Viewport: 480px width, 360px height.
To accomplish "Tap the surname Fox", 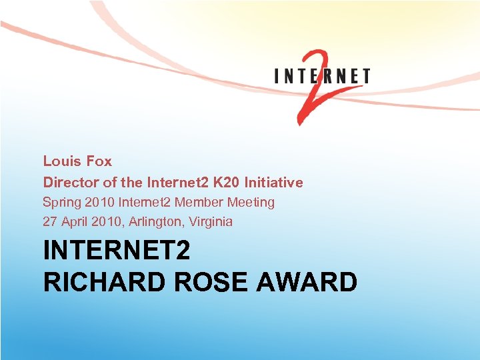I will [x=98, y=161].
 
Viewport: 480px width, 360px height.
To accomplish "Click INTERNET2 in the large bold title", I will [x=117, y=251].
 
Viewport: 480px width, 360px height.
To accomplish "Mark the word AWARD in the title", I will [x=311, y=282].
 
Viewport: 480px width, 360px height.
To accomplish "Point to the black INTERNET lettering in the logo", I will [x=323, y=76].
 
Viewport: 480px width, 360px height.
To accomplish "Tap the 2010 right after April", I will [x=107, y=221].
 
